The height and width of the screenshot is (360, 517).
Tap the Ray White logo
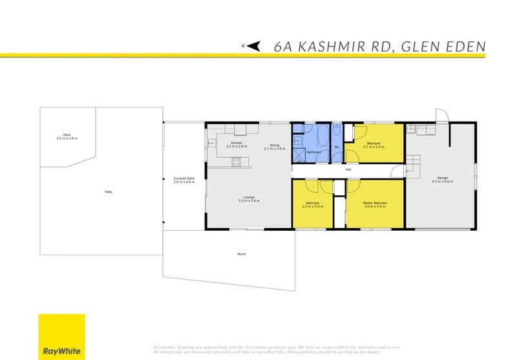pyautogui.click(x=61, y=336)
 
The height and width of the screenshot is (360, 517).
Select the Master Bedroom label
pyautogui.click(x=375, y=204)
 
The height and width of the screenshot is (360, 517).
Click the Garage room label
pyautogui.click(x=442, y=178)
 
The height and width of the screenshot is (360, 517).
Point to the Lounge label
pyautogui.click(x=249, y=197)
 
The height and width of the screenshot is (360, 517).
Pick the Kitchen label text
pyautogui.click(x=237, y=142)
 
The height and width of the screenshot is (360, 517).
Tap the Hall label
pyautogui.click(x=348, y=169)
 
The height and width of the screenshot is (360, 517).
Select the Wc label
pyautogui.click(x=337, y=146)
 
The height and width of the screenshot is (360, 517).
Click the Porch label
pyautogui.click(x=241, y=254)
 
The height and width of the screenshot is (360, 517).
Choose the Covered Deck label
pyautogui.click(x=182, y=178)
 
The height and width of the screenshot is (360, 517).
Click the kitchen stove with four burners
pyautogui.click(x=237, y=162)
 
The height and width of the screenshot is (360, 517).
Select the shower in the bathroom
pyautogui.click(x=299, y=156)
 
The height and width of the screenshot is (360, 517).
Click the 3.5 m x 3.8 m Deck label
pyautogui.click(x=67, y=138)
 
